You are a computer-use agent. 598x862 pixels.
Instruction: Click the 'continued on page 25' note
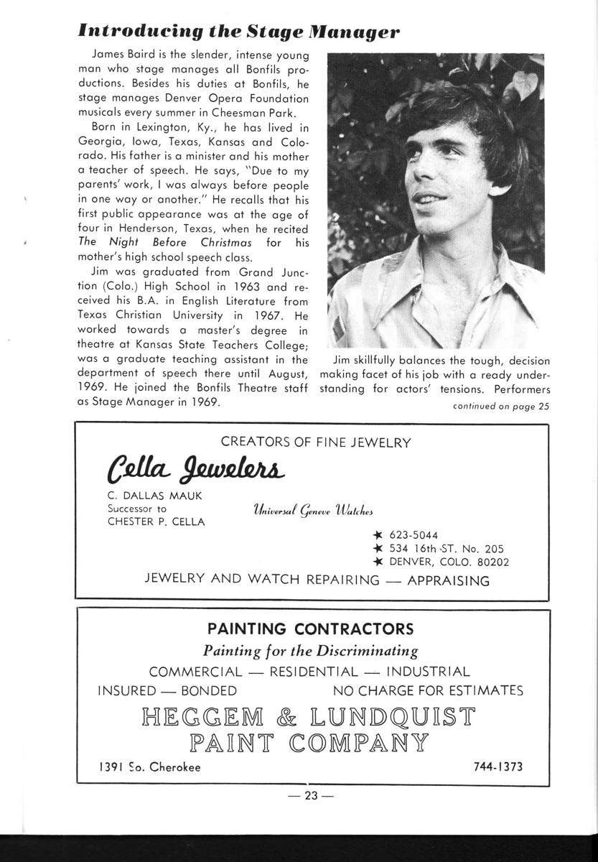[500, 407]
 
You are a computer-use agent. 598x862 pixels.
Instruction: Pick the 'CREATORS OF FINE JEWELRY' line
[316, 442]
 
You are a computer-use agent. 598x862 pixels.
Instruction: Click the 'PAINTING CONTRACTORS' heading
[310, 629]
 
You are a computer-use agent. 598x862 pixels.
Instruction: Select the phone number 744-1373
[498, 766]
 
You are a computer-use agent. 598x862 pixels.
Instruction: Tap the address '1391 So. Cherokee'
[149, 767]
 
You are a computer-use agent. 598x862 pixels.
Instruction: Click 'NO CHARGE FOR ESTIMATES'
[428, 691]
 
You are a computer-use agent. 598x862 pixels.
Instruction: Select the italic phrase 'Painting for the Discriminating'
[311, 652]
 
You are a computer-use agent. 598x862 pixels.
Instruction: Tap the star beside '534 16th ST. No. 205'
[378, 549]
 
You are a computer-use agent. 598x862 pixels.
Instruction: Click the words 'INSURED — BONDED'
[167, 691]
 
